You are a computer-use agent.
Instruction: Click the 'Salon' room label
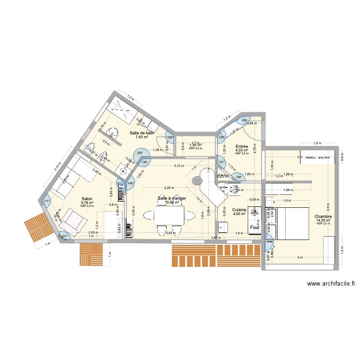[x=87, y=198]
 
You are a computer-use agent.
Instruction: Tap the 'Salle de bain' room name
[x=142, y=132]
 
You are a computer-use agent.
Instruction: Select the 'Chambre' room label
[x=323, y=217]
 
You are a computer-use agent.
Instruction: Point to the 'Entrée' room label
[x=241, y=146]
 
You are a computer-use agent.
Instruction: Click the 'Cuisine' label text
[x=239, y=210]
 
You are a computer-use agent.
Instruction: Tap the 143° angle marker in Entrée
[x=244, y=120]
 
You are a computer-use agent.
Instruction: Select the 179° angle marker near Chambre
[x=268, y=242]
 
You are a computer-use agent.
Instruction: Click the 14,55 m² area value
[x=323, y=220]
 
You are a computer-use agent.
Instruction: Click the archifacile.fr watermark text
[x=331, y=284]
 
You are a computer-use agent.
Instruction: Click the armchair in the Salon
[x=72, y=221]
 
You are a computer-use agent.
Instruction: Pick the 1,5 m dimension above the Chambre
[x=317, y=143]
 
